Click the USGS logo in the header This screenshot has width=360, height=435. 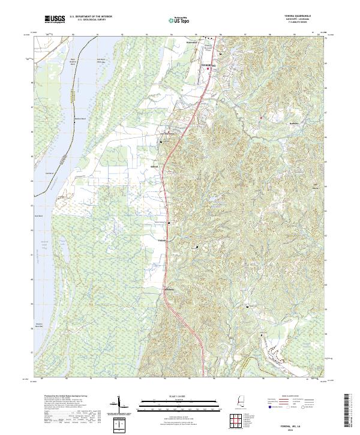55,19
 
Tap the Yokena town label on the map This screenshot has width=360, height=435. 161,241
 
